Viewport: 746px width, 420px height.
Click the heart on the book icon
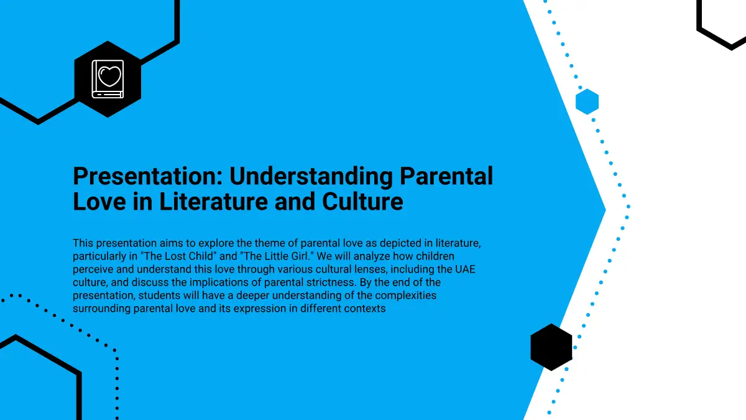pyautogui.click(x=109, y=76)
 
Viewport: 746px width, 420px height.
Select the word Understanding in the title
pyautogui.click(x=311, y=176)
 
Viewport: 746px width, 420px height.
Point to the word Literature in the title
pyautogui.click(x=213, y=202)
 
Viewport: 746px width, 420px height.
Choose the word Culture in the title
pyautogui.click(x=362, y=202)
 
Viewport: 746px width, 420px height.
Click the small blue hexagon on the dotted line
pyautogui.click(x=587, y=101)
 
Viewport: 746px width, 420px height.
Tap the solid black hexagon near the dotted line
pyautogui.click(x=551, y=347)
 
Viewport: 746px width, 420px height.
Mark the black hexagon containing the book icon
pyautogui.click(x=108, y=79)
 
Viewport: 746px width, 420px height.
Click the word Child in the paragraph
pyautogui.click(x=202, y=256)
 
